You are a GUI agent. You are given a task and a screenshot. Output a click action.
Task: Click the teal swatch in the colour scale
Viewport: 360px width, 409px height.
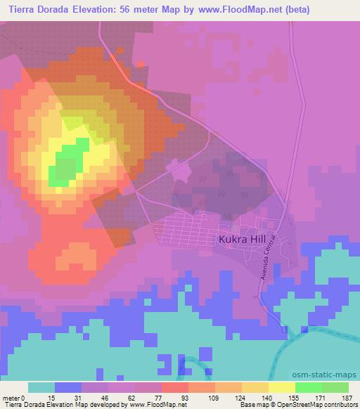(x=41, y=387)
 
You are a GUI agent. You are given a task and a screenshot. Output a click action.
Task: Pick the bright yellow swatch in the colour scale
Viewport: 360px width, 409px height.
(x=281, y=387)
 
